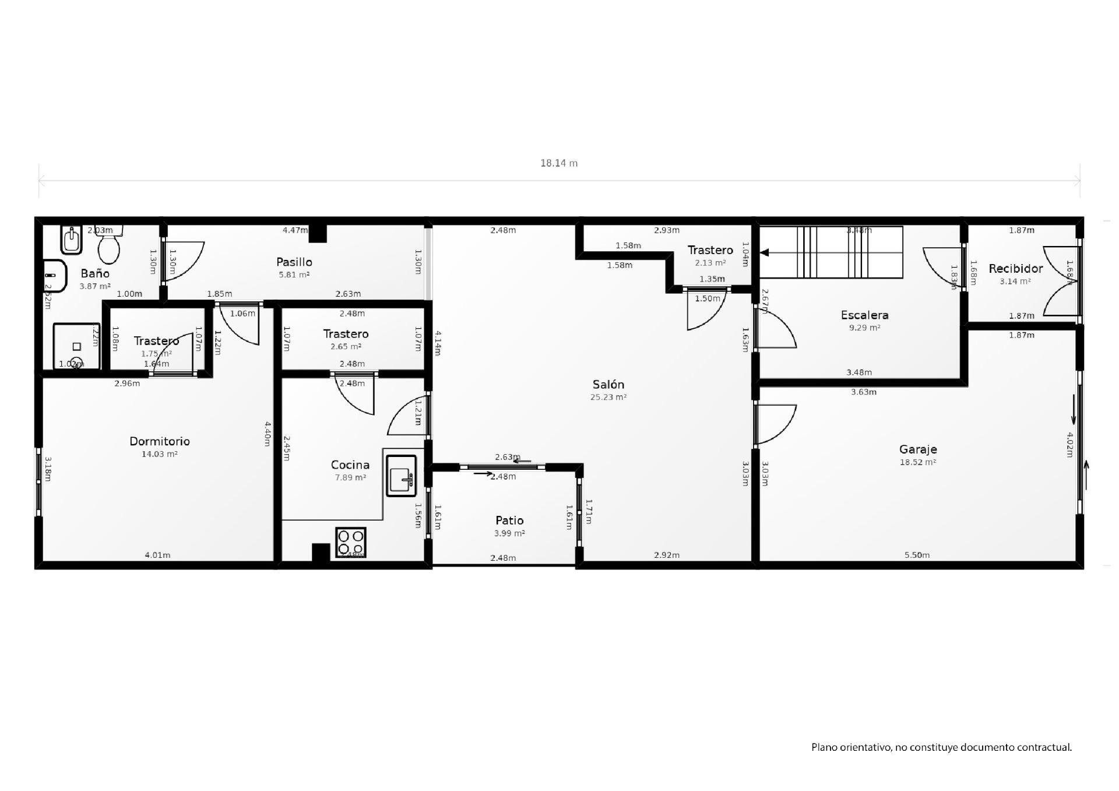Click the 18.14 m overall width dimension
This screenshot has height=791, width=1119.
(558, 163)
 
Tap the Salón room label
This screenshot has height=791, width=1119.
(608, 385)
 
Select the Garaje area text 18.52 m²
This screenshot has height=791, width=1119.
(917, 462)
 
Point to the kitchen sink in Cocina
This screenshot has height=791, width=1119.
(401, 474)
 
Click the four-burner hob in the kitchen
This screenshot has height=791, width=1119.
(350, 542)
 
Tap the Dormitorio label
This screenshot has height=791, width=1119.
(159, 441)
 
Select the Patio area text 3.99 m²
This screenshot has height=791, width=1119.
(509, 533)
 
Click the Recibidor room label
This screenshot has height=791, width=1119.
(1015, 269)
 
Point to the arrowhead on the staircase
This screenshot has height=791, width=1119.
(765, 252)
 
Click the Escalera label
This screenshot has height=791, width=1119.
(864, 315)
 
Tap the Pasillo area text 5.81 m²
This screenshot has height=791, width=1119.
(294, 275)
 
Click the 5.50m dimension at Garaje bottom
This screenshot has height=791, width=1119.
(917, 555)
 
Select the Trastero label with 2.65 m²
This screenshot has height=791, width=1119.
(346, 334)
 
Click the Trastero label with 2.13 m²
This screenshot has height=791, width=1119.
(710, 250)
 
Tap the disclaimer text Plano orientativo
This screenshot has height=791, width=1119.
(941, 747)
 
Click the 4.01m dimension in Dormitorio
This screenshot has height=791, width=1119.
(157, 555)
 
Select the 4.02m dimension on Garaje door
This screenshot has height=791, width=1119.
(1069, 445)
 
